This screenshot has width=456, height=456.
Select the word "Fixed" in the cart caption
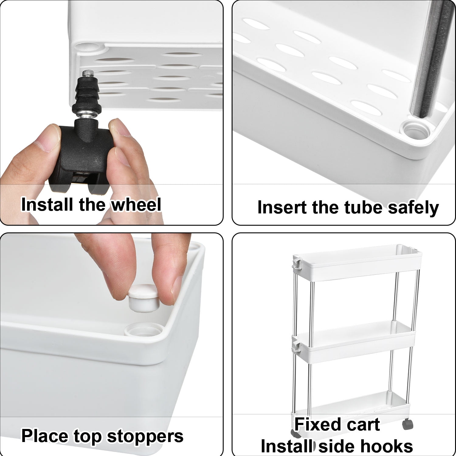(x=318, y=424)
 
